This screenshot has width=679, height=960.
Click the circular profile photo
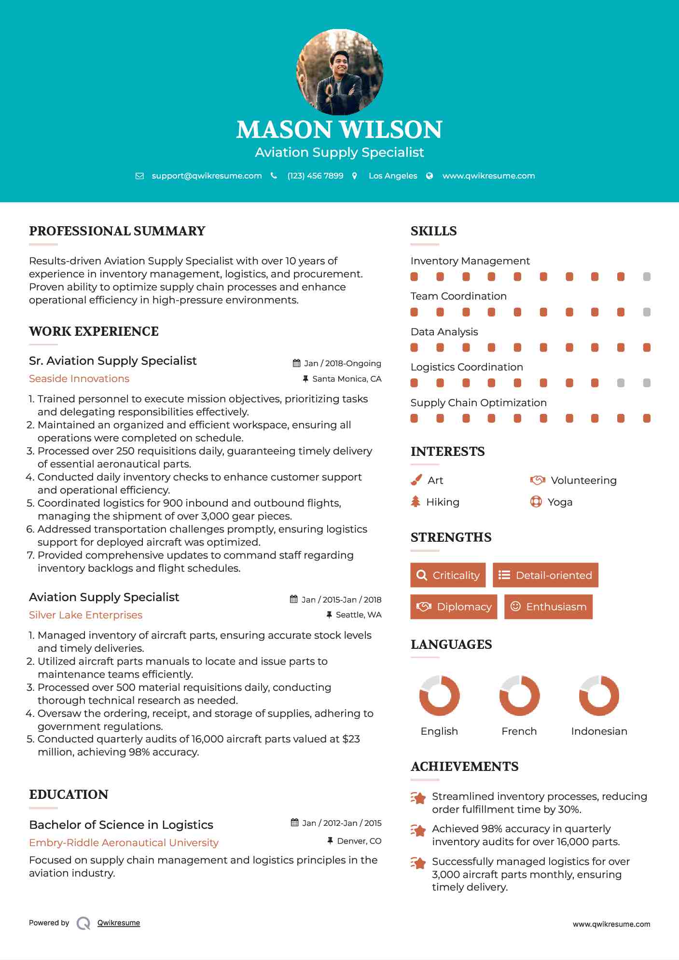coord(339,72)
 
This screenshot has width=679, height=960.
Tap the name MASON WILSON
coord(339,130)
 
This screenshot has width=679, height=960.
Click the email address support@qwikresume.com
coord(207,176)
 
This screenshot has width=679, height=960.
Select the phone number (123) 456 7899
coord(315,176)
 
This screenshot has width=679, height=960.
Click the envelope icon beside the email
coord(139,176)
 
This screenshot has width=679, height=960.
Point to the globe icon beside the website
coord(430,176)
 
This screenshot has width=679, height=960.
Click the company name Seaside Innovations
coord(79,379)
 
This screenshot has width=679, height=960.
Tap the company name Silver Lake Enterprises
coord(85,615)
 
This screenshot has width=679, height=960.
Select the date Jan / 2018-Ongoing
coord(342,363)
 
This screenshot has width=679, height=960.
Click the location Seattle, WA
coord(358,615)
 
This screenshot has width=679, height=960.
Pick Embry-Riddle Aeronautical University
coord(124,843)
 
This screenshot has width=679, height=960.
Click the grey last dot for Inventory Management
coord(647,276)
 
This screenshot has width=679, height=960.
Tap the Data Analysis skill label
coord(444,332)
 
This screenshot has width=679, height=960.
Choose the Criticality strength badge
coord(448,575)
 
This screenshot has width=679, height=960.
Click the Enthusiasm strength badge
coord(548,606)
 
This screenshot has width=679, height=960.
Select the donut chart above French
coord(519,696)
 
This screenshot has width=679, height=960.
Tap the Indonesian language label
coord(599,731)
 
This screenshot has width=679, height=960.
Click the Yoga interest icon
coord(536,502)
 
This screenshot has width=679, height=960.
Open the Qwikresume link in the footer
coord(119,923)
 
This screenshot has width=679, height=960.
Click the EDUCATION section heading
coord(69,795)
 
